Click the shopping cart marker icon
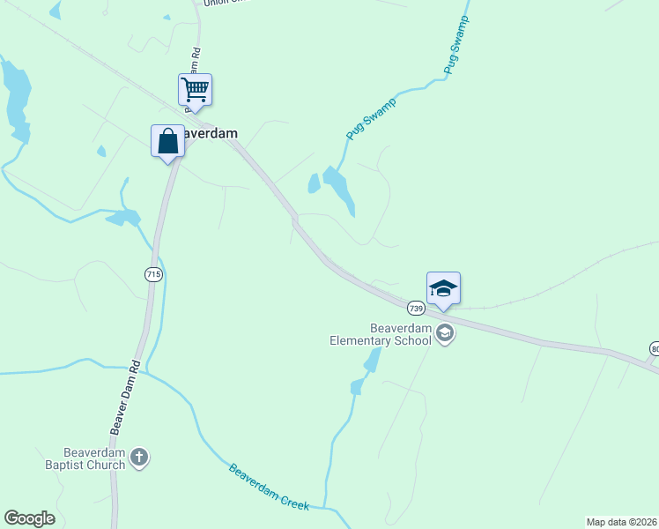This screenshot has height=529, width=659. [x=195, y=89]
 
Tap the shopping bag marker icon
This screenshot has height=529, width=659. [x=167, y=141]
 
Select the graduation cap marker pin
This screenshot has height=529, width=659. [x=443, y=289]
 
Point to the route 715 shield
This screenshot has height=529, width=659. [x=153, y=275]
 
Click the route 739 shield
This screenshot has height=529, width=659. [x=417, y=309]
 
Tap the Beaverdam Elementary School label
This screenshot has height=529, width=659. [x=381, y=334]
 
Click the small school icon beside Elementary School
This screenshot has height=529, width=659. [x=445, y=333]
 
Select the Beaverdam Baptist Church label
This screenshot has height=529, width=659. [x=86, y=458]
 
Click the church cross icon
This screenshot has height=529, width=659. [x=138, y=458]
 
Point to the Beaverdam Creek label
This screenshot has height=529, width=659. [x=269, y=486]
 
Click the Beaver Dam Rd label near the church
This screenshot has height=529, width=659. [x=125, y=396]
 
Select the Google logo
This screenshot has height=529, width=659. [x=29, y=518]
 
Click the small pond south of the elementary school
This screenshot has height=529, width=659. [x=373, y=360]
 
